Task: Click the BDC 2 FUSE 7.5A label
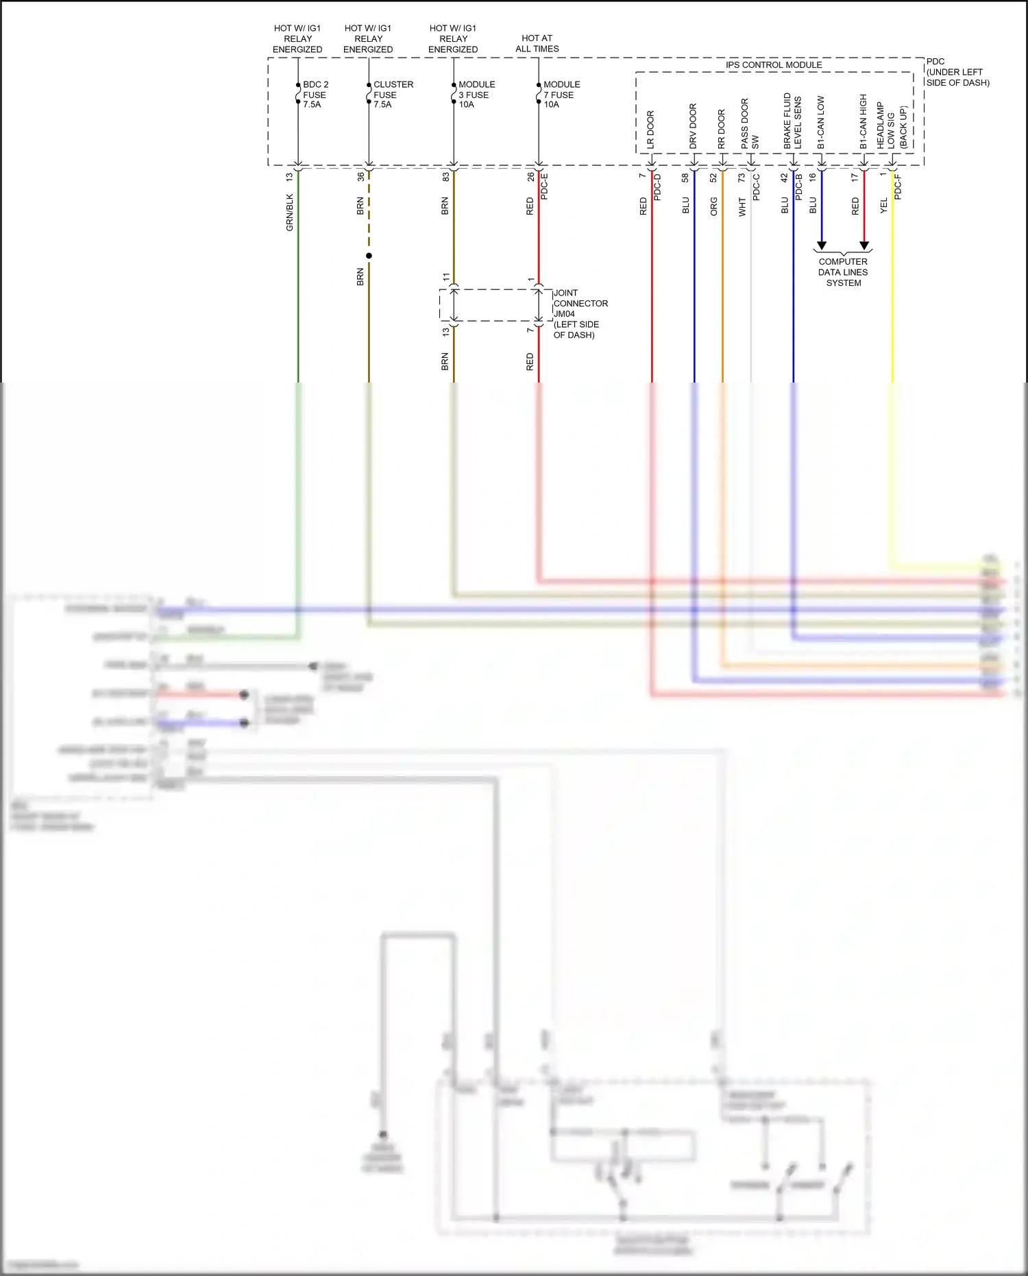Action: coord(315,95)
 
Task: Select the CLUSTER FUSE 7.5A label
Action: coord(393,95)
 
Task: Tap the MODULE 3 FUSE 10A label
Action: coord(476,95)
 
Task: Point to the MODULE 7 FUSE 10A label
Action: coord(561,95)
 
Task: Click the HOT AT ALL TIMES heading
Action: coord(537,43)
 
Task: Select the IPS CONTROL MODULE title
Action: coord(774,64)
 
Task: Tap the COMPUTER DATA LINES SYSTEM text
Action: coord(843,272)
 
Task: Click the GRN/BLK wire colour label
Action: coord(289,212)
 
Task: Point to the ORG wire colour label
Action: coord(713,206)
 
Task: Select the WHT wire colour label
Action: coord(742,207)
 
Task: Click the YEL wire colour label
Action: coord(883,205)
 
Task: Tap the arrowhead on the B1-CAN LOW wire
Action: coord(822,245)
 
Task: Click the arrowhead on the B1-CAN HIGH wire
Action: coord(864,245)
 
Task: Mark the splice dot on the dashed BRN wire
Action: coord(369,256)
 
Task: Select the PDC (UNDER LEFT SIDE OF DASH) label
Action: coord(957,72)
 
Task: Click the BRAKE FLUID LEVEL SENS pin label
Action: coord(792,121)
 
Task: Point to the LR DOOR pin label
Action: coord(650,130)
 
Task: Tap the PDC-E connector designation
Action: coord(544,186)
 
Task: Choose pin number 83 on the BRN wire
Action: coord(445,176)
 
